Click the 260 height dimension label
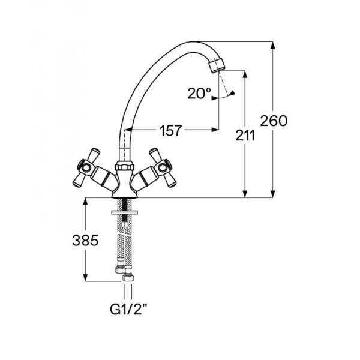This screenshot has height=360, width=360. click(x=274, y=121)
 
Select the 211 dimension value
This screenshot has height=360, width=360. click(x=245, y=136)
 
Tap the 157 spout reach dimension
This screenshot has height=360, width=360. click(x=171, y=130)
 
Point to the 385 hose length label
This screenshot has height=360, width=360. click(x=85, y=241)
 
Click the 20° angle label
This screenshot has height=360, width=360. click(x=199, y=93)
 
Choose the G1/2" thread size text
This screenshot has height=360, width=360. click(x=128, y=309)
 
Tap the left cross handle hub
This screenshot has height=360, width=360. click(x=86, y=167)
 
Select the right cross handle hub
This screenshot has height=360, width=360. click(x=163, y=167)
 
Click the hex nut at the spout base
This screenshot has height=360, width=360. click(x=124, y=166)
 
